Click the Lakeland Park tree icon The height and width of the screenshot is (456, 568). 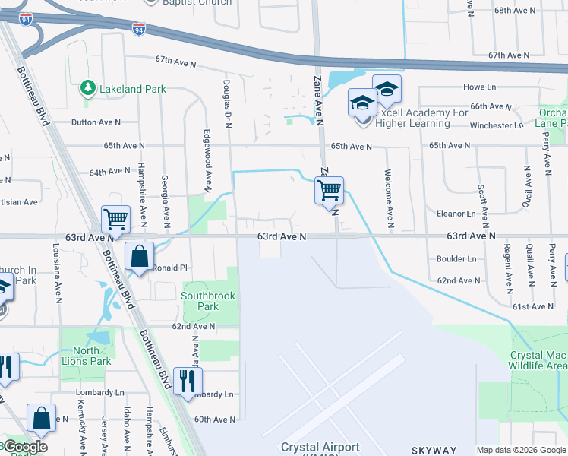(88, 89)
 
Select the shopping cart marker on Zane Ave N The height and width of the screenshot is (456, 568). (330, 190)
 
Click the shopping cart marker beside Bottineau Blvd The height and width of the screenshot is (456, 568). (116, 219)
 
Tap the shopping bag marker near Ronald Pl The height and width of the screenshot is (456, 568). (140, 256)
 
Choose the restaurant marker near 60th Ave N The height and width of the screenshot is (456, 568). (188, 380)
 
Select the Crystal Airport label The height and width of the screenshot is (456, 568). (320, 447)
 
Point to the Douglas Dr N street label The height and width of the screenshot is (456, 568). (226, 103)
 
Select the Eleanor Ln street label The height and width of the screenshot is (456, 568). (461, 214)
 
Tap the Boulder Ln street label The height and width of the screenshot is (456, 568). (456, 258)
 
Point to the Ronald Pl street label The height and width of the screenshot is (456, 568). (170, 268)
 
